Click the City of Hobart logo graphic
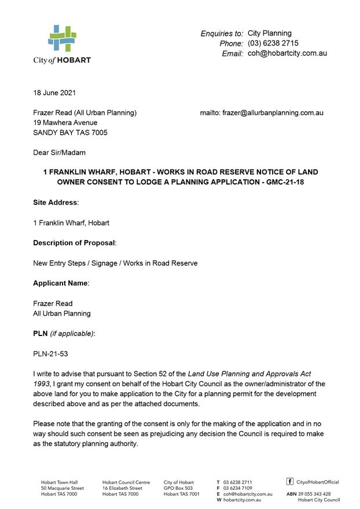pyautogui.click(x=62, y=39)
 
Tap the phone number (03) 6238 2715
pyautogui.click(x=273, y=43)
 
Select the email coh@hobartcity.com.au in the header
pyautogui.click(x=287, y=53)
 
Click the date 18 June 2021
pyautogui.click(x=54, y=93)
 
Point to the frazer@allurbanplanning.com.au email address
pyautogui.click(x=273, y=113)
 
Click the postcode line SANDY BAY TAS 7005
pyautogui.click(x=70, y=132)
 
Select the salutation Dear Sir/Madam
pyautogui.click(x=59, y=153)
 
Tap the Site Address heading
pyautogui.click(x=55, y=202)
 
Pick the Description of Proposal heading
pyautogui.click(x=75, y=243)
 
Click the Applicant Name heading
pyautogui.click(x=61, y=283)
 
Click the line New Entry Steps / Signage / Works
pyautogui.click(x=115, y=263)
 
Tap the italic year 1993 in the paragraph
pyautogui.click(x=41, y=384)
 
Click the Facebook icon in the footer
pyautogui.click(x=290, y=481)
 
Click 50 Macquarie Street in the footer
pyautogui.click(x=63, y=488)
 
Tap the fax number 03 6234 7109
pyautogui.click(x=237, y=488)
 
